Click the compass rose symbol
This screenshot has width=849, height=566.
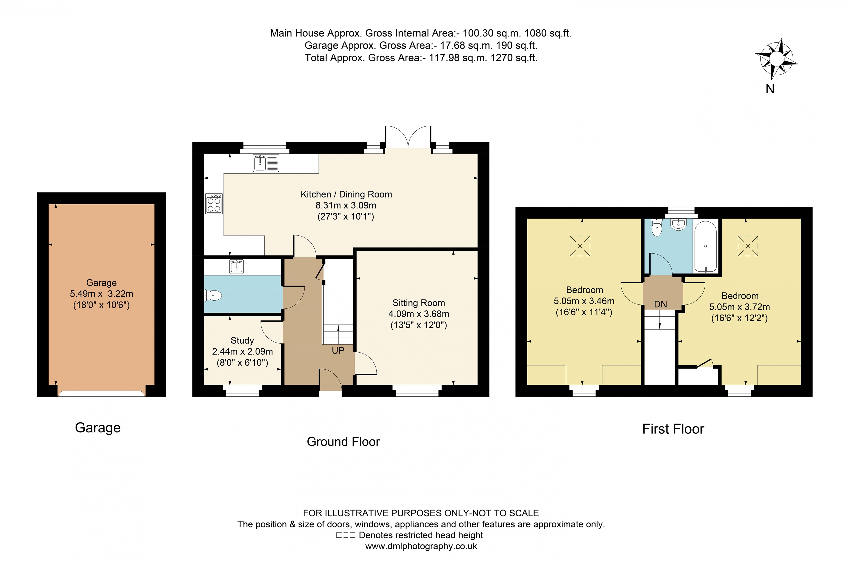coord(776,59)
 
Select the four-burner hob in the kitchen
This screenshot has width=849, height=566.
coord(214,204)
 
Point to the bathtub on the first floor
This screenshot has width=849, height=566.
coord(705,246)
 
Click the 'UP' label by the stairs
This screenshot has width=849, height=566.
coord(338,351)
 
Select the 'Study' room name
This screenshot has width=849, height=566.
coord(242,340)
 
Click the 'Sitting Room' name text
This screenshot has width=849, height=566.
coord(418,303)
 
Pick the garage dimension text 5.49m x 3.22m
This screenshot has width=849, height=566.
coord(101,294)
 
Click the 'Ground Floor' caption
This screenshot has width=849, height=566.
coord(343,441)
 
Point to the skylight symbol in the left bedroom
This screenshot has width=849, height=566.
coord(580,246)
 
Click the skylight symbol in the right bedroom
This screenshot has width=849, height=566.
coord(747,246)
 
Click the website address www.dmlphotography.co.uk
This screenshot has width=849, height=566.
coord(421,546)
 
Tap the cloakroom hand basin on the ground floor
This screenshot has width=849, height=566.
coord(237,267)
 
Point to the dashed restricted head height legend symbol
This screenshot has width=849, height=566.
coord(345,535)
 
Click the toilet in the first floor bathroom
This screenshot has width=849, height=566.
coord(657,227)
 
